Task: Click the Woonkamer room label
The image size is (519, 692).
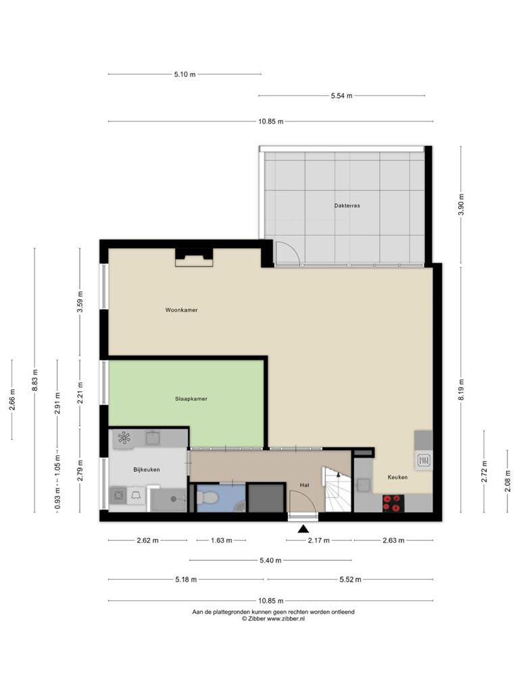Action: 181,310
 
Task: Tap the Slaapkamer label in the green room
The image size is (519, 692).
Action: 191,399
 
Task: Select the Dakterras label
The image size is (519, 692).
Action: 347,205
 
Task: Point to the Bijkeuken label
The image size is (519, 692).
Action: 147,470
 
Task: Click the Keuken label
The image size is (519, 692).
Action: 397,477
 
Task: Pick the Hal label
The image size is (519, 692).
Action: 305,485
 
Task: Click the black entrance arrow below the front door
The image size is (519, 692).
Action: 303,528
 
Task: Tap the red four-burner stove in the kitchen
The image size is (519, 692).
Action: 393,503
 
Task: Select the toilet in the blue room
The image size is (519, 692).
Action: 207,498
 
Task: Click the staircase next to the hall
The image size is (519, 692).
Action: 338,489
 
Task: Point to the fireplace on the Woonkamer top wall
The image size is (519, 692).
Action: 194,257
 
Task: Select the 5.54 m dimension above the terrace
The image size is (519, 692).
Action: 341,95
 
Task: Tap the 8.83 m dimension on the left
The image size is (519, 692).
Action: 35,380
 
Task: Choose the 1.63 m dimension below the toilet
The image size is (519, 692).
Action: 221,540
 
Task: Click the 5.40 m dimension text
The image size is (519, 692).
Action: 270,560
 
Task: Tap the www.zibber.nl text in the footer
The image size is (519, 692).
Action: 286,619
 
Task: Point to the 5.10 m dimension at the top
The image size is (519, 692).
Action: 185,74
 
